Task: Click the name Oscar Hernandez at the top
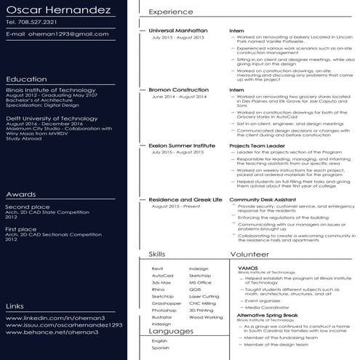[58, 11]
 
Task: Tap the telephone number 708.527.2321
[33, 23]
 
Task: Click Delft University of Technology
[45, 114]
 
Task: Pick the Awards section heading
[20, 195]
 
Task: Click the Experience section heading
[171, 12]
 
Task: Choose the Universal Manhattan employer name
[177, 31]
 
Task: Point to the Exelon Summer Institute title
[182, 146]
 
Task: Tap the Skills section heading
[156, 255]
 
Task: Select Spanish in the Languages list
[160, 348]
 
